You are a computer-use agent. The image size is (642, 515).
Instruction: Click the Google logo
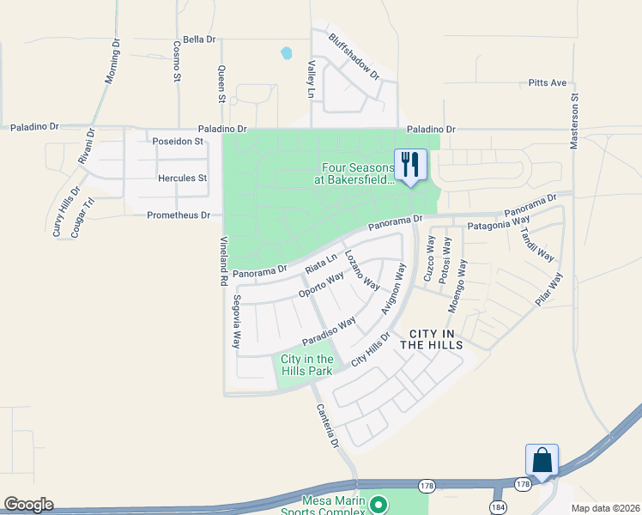click(x=28, y=505)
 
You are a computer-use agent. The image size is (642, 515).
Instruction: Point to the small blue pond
click(x=286, y=54)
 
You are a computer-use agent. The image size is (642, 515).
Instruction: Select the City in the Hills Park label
click(x=306, y=365)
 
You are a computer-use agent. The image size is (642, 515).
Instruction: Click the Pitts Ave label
click(x=548, y=83)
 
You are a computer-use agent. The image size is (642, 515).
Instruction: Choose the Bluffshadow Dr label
click(x=354, y=57)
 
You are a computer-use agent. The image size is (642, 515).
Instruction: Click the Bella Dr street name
click(x=198, y=39)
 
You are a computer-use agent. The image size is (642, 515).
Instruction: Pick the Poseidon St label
click(x=176, y=141)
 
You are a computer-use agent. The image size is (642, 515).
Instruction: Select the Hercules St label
click(x=182, y=179)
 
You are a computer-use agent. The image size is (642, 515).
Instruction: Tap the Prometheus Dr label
click(x=179, y=215)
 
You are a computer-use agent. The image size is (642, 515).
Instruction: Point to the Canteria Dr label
click(x=328, y=427)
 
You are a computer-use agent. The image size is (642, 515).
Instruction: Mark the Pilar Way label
click(x=549, y=290)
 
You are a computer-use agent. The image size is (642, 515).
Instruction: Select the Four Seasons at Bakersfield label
click(x=358, y=173)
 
